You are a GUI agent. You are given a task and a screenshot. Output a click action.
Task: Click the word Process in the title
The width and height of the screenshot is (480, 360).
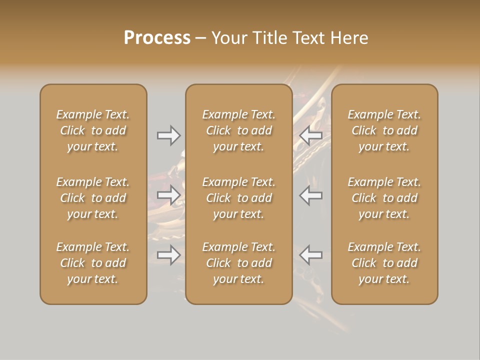pyautogui.click(x=157, y=38)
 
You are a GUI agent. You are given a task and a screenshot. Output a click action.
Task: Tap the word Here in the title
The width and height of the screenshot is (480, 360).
pyautogui.click(x=349, y=38)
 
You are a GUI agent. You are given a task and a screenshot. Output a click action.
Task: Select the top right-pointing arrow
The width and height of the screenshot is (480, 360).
pyautogui.click(x=169, y=135)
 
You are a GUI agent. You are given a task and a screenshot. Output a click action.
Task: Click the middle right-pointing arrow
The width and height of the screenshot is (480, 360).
pyautogui.click(x=169, y=195)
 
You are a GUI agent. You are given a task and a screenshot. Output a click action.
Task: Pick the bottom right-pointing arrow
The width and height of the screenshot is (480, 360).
pyautogui.click(x=169, y=255)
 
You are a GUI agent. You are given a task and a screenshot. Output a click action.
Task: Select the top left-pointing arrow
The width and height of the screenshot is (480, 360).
pyautogui.click(x=310, y=135)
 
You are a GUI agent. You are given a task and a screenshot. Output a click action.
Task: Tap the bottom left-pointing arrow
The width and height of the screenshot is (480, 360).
pyautogui.click(x=310, y=255)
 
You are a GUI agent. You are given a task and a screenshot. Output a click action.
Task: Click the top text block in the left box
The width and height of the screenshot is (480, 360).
pyautogui.click(x=93, y=130)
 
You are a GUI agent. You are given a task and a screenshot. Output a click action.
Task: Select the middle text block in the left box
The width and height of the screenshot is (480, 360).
pyautogui.click(x=93, y=198)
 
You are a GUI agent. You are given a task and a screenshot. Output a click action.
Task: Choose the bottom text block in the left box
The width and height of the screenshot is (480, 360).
pyautogui.click(x=93, y=263)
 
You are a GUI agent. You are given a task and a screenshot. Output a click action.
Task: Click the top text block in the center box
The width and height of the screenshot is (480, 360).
pyautogui.click(x=239, y=130)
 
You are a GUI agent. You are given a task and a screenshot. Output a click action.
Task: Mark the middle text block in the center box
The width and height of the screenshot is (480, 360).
pyautogui.click(x=239, y=198)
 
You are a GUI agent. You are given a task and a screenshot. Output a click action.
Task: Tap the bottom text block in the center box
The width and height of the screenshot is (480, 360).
pyautogui.click(x=239, y=263)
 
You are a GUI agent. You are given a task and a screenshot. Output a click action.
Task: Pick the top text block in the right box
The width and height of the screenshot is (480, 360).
pyautogui.click(x=384, y=130)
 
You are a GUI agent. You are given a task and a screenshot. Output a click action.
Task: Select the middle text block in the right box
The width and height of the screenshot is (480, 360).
pyautogui.click(x=384, y=198)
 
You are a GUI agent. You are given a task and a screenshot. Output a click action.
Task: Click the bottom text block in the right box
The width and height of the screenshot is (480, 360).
pyautogui.click(x=384, y=263)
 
